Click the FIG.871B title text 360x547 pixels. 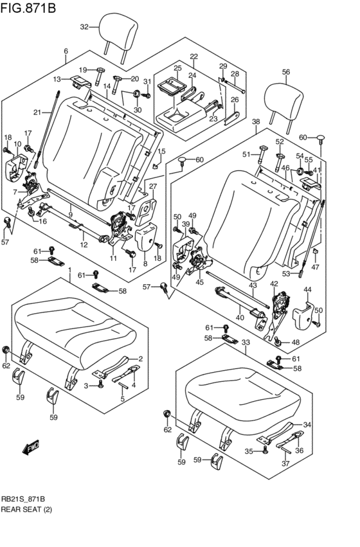click(28, 7)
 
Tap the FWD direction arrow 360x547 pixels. click(30, 447)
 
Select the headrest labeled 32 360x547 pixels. click(118, 35)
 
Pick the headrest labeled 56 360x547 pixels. click(283, 105)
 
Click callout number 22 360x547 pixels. click(194, 57)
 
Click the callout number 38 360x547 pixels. click(256, 121)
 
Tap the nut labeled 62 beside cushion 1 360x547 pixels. click(6, 350)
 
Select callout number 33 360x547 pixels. click(246, 342)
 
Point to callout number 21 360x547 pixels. click(38, 112)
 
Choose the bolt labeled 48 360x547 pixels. click(278, 341)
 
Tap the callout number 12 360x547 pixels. click(84, 245)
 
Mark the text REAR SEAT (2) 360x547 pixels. click(26, 509)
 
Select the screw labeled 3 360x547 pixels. click(100, 385)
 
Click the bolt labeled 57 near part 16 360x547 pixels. click(6, 222)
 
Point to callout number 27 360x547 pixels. click(153, 186)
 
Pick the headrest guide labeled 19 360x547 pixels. click(99, 76)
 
